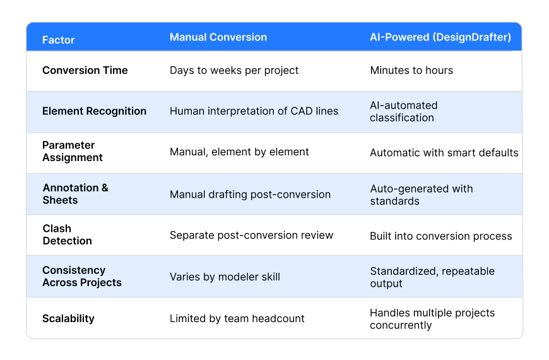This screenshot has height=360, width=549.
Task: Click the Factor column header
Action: click(59, 40)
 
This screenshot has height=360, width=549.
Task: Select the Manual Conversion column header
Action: click(218, 37)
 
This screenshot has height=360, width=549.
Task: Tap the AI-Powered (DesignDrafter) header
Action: click(440, 37)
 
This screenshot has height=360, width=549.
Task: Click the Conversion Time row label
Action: click(85, 70)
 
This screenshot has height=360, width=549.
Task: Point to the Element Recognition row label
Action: click(95, 111)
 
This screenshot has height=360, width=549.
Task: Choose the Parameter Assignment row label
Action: click(73, 152)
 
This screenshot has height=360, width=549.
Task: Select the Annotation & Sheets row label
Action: click(76, 194)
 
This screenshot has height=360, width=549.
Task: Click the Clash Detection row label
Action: click(68, 234)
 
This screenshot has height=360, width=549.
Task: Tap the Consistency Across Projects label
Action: click(82, 276)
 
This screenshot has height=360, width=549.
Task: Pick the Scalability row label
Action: click(68, 318)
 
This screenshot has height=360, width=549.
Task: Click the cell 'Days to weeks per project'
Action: click(234, 70)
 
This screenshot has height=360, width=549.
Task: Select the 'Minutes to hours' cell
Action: click(411, 70)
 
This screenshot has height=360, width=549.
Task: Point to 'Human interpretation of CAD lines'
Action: click(254, 111)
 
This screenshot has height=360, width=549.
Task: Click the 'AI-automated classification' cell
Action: click(404, 111)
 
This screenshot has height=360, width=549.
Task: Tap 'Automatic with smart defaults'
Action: click(444, 152)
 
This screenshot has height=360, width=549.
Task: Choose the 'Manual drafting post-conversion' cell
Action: click(250, 194)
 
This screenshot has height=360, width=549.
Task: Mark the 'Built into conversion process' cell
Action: click(441, 236)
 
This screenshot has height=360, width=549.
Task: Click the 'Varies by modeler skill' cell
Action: click(225, 276)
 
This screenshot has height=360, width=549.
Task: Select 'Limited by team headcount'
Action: click(237, 318)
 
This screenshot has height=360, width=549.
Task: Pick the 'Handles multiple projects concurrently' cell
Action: click(432, 319)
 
